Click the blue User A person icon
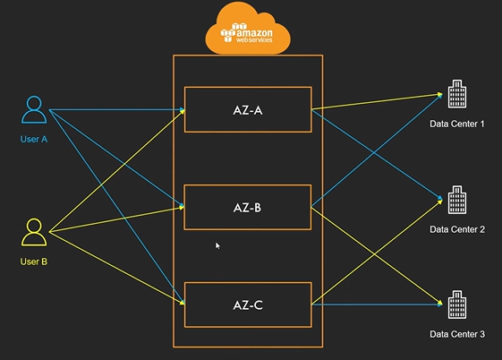coord(34,109)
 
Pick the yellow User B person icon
coord(34,232)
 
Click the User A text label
coord(34,140)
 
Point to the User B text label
coord(34,261)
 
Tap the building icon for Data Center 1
coord(457,94)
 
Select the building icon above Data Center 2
coord(457,200)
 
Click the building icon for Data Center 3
coord(457,304)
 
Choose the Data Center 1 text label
coord(457,124)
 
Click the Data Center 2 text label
coord(457,229)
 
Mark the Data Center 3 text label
coord(457,334)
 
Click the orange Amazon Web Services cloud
coord(248,29)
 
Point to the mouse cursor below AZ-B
coord(217,245)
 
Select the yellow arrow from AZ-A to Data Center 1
coord(377,102)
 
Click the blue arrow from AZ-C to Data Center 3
coord(377,304)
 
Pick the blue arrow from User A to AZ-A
coord(117,110)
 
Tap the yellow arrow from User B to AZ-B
coord(117,219)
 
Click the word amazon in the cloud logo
coord(254,32)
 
